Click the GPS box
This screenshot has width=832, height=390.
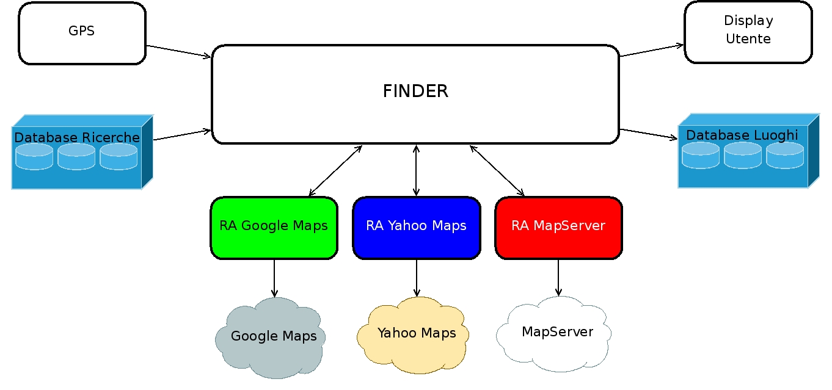(82, 33)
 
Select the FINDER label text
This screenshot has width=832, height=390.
(415, 92)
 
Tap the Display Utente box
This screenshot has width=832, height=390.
(748, 32)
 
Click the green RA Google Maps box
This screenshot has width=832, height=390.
(274, 227)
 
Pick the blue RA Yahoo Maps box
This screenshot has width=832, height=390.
(416, 227)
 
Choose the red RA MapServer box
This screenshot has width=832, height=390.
(558, 227)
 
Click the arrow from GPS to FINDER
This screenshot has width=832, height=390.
(179, 51)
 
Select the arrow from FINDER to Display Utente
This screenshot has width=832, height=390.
(652, 50)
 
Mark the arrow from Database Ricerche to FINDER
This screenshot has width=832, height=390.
(182, 134)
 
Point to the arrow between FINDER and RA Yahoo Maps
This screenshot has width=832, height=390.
(416, 170)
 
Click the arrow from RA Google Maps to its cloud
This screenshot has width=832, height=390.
(274, 278)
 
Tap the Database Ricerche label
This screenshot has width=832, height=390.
(77, 138)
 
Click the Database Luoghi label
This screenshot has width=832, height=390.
(742, 135)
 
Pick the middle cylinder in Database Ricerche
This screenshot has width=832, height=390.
(76, 157)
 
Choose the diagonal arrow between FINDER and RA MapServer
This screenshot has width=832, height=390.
(497, 170)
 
